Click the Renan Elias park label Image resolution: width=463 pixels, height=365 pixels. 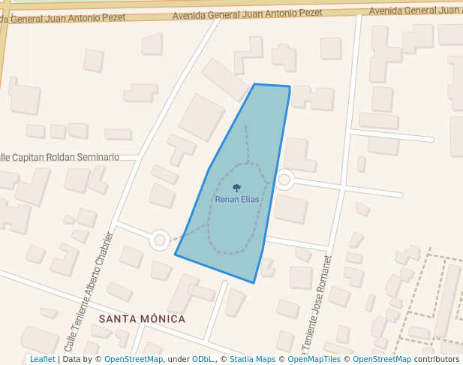tap(236, 200)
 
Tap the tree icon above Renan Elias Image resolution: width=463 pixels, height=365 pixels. tap(236, 189)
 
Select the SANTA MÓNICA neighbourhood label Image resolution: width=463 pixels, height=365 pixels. tap(142, 318)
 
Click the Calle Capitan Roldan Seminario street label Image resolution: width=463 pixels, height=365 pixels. tap(60, 157)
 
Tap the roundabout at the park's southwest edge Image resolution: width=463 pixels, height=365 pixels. tap(159, 240)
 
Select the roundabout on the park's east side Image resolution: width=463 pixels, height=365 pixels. tap(284, 179)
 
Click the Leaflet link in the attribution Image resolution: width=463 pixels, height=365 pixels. tap(42, 359)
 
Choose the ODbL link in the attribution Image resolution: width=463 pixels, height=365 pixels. tap(203, 359)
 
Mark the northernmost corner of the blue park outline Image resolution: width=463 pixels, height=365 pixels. tap(255, 84)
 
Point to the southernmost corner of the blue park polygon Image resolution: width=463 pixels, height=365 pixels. tap(254, 282)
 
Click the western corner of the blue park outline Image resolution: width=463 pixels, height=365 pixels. tap(176, 255)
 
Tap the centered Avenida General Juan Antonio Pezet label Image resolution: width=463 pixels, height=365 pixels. tap(247, 14)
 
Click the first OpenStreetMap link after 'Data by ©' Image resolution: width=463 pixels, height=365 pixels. tap(134, 359)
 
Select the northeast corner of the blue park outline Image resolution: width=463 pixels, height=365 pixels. tap(290, 86)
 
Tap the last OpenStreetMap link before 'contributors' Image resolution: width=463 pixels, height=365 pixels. tap(381, 359)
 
